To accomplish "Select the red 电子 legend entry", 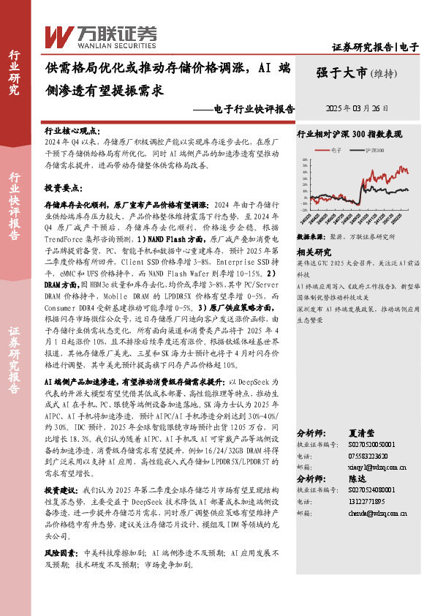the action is (x=333, y=149).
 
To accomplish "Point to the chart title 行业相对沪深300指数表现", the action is (x=349, y=135).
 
